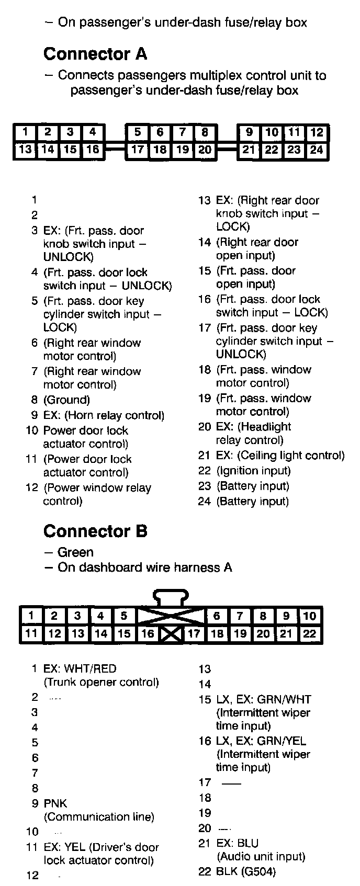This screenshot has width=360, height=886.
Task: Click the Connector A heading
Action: coord(95,54)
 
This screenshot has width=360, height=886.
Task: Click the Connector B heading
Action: coord(95,531)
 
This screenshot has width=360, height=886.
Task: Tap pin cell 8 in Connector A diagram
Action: coord(205,132)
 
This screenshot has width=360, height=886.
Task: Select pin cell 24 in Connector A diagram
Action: coord(316,150)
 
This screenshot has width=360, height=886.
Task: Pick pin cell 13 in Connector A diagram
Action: coord(25,150)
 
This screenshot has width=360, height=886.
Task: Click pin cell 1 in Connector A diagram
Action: coord(25,132)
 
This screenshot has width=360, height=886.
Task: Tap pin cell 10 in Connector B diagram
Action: coord(309,616)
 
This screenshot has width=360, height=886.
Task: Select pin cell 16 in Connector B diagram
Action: coord(148,634)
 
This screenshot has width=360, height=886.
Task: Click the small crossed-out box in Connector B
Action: coord(170,634)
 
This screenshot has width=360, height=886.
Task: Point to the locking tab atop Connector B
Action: coord(171,598)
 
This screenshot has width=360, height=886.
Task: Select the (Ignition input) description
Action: coord(253,471)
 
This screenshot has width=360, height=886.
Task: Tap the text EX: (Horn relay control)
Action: coord(104,415)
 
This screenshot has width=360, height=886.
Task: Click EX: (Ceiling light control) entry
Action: coord(280,456)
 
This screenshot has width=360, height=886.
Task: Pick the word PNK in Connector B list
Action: coord(55,803)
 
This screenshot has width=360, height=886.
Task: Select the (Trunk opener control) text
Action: coord(101,682)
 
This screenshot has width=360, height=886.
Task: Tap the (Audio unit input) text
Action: coord(261,857)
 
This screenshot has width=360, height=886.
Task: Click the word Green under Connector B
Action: coord(75,552)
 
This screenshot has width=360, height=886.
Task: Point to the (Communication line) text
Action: coord(99,817)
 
